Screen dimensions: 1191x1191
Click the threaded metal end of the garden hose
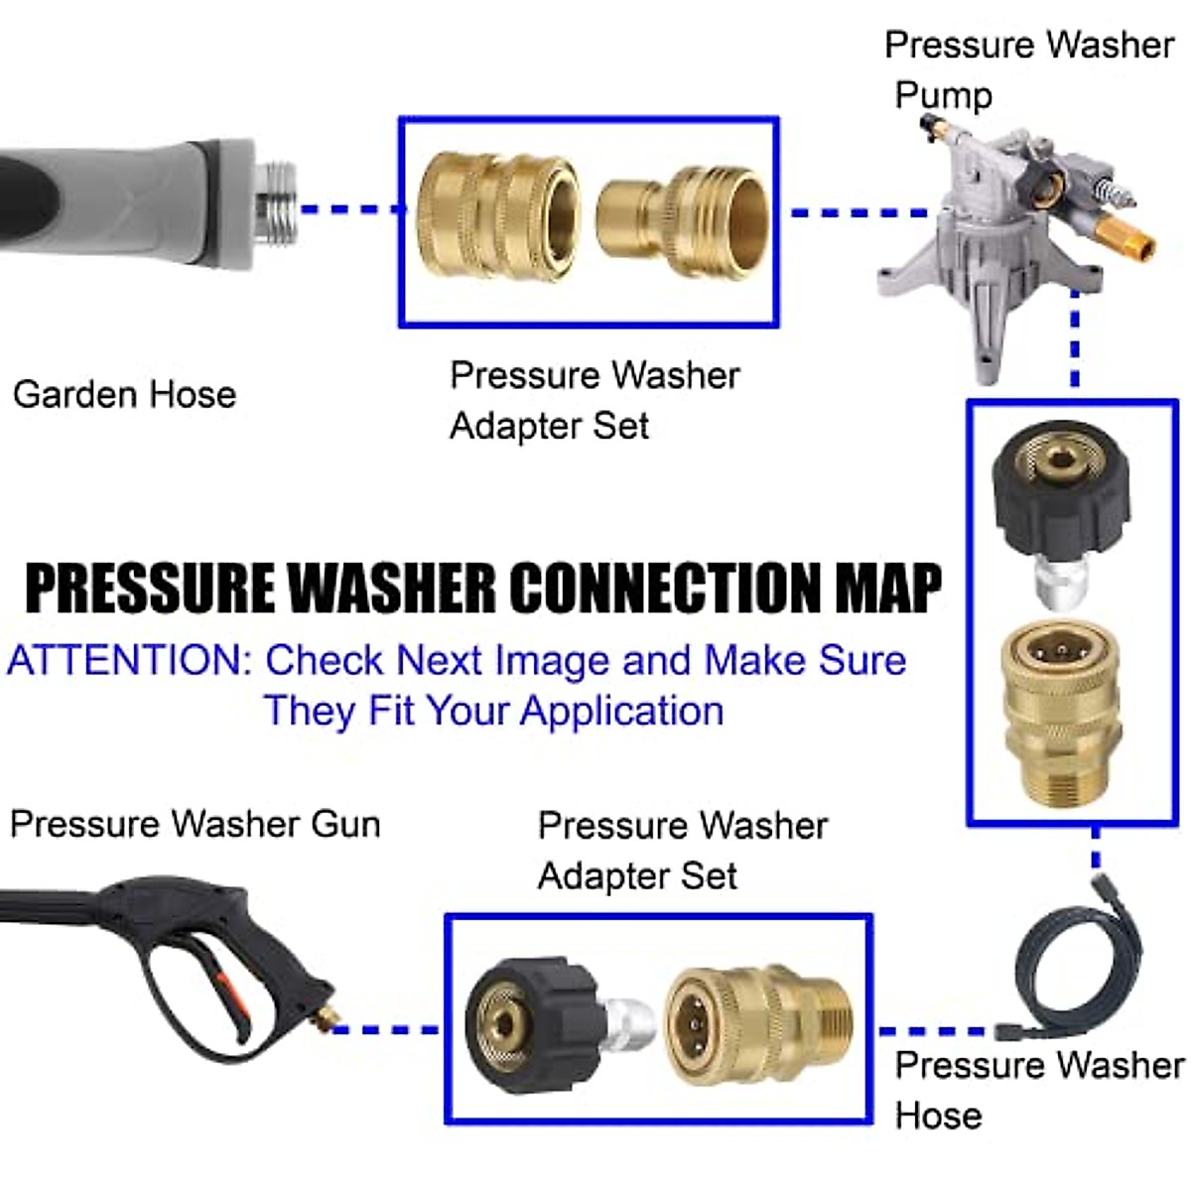pos(276,206)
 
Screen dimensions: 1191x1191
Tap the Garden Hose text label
pos(124,395)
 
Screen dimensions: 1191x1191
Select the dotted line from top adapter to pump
pos(856,212)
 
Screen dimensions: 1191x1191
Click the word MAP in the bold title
pos(887,588)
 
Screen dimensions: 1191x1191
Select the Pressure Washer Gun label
pos(196,824)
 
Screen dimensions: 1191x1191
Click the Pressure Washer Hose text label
pos(1037,1090)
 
